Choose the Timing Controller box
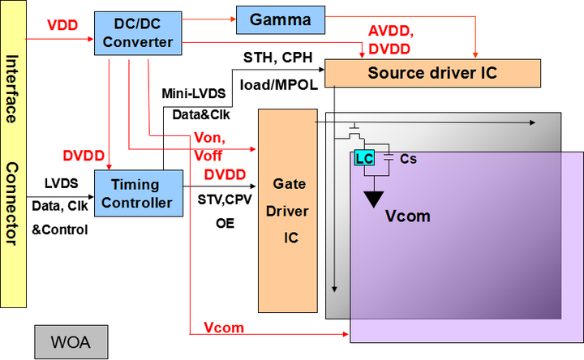click(135, 193)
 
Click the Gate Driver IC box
click(289, 212)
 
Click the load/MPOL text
click(276, 84)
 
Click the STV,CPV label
click(226, 198)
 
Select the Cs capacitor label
click(408, 159)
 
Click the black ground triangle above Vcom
click(375, 197)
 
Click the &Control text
click(59, 229)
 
